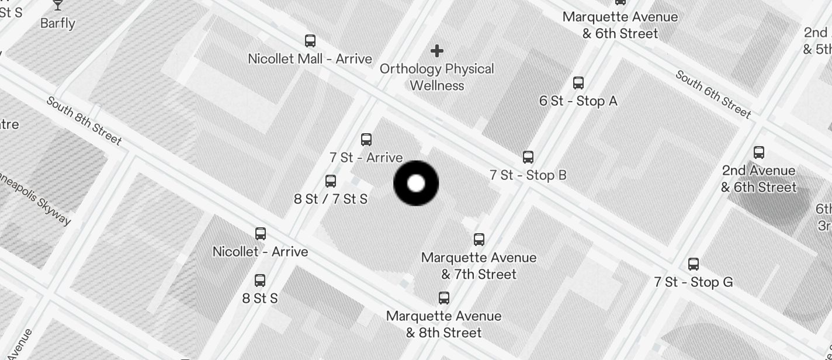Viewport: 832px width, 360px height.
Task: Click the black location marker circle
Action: click(x=416, y=184)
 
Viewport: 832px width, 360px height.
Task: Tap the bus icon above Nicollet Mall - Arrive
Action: click(x=310, y=41)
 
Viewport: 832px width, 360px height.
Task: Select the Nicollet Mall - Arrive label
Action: click(x=310, y=59)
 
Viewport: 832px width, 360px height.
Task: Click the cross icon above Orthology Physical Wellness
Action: click(x=436, y=51)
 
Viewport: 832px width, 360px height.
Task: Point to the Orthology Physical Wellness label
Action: click(x=437, y=77)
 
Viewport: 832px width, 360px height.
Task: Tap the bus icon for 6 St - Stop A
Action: click(x=578, y=82)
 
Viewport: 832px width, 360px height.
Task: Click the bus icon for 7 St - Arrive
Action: click(x=366, y=139)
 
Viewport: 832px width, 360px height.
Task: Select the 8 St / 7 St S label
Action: click(x=331, y=199)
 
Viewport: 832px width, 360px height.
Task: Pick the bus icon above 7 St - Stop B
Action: click(x=528, y=157)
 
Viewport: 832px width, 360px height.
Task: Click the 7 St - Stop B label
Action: click(x=528, y=175)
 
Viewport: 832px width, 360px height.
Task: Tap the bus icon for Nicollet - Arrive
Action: click(x=261, y=234)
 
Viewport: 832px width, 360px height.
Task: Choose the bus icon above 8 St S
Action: click(x=260, y=281)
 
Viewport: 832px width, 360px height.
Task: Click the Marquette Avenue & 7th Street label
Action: click(x=479, y=266)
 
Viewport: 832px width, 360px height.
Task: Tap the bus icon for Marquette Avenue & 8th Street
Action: click(x=444, y=298)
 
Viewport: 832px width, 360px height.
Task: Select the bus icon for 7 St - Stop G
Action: click(x=694, y=264)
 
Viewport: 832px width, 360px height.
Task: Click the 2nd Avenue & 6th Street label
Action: click(x=758, y=179)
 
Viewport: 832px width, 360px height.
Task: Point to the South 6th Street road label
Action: click(x=713, y=94)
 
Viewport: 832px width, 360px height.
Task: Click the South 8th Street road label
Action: click(x=84, y=121)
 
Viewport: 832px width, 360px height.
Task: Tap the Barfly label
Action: click(x=58, y=23)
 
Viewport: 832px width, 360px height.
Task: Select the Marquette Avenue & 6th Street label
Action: click(x=620, y=25)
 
